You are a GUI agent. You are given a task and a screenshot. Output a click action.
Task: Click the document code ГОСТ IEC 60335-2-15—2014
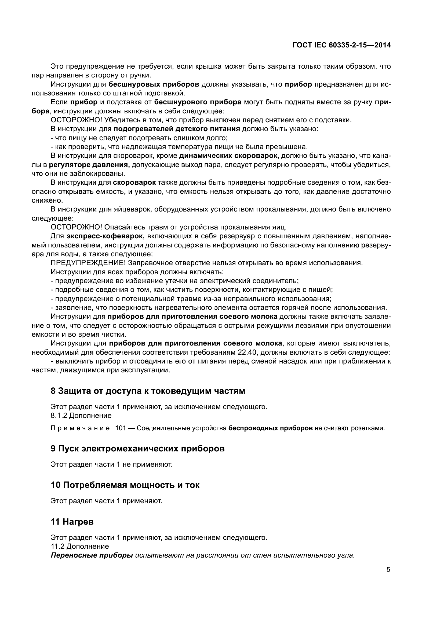(341, 45)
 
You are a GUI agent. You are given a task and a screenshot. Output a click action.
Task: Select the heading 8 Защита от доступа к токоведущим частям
(148, 391)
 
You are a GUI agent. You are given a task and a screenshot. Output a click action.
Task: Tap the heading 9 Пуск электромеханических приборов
(137, 449)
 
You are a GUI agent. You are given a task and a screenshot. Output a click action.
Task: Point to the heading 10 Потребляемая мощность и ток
(125, 485)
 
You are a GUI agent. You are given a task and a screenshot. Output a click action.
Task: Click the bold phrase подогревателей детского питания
(177, 129)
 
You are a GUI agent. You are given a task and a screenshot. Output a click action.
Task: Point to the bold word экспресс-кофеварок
(105, 236)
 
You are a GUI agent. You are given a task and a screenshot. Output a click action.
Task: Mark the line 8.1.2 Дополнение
(81, 416)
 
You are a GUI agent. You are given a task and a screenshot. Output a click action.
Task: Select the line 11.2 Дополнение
(79, 546)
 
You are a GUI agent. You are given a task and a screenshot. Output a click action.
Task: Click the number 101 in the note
(121, 428)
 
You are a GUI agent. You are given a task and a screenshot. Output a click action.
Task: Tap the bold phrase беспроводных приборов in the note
(270, 428)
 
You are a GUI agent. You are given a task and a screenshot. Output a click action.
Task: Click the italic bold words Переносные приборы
(92, 555)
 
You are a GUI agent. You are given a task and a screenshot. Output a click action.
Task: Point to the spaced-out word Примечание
(80, 428)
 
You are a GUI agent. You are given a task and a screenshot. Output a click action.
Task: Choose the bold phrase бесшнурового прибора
(198, 102)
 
